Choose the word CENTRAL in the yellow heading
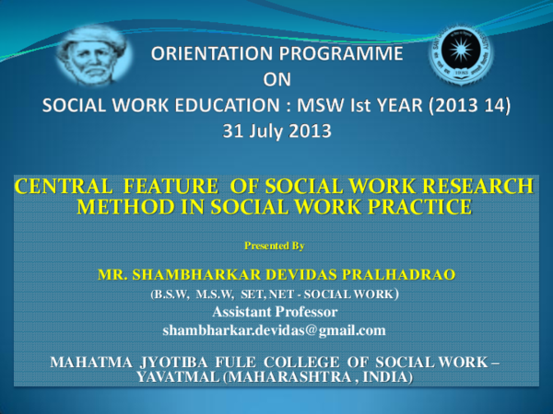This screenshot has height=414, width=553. click(60, 187)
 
